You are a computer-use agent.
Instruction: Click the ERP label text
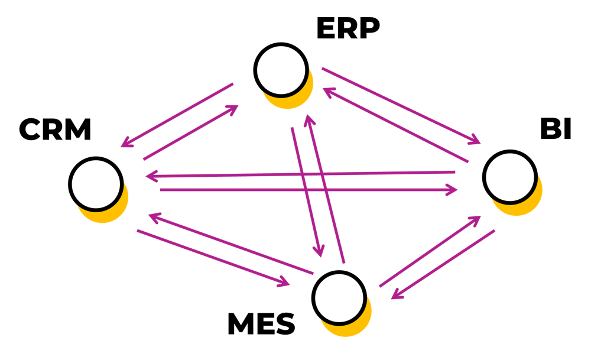[348, 29]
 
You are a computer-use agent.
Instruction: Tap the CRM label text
[55, 130]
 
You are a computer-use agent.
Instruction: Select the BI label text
[556, 129]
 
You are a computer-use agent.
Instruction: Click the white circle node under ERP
[281, 69]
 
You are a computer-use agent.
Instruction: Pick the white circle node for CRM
[96, 183]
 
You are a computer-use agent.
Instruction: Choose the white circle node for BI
[509, 177]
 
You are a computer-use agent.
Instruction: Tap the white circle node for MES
[339, 297]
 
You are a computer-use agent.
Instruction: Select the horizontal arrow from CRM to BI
[307, 190]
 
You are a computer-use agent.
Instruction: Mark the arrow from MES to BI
[429, 252]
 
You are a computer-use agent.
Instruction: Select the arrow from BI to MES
[443, 264]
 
